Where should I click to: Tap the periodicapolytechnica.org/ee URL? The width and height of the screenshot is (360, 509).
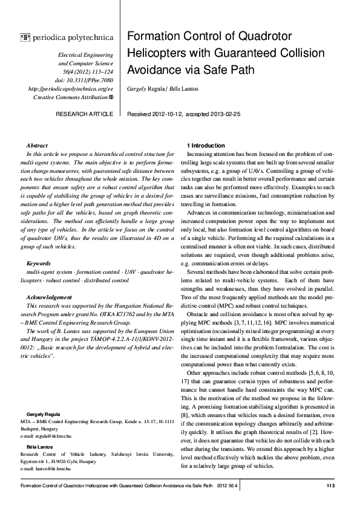click(x=71, y=88)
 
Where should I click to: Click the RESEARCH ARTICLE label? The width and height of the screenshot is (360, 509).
click(x=84, y=114)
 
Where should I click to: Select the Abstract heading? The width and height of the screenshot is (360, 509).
click(x=38, y=146)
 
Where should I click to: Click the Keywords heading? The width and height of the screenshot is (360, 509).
click(x=39, y=264)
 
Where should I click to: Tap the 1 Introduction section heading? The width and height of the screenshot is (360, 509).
click(x=207, y=146)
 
